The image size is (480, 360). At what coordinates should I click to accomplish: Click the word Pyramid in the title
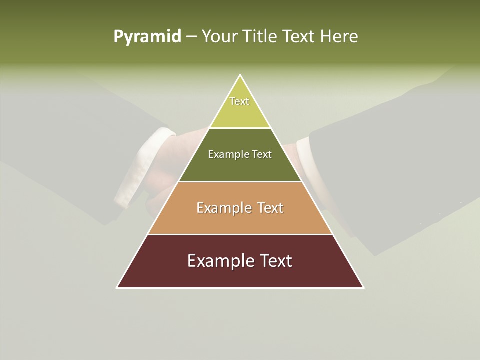147,37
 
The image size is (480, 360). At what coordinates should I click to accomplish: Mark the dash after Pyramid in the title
191,37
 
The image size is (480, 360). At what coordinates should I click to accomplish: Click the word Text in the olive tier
262,154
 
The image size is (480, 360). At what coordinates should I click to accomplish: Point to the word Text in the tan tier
271,208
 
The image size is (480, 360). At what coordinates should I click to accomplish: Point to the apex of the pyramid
240,75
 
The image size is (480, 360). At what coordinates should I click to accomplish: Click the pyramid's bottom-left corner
117,287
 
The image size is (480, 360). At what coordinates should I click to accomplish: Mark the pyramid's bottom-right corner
363,287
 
